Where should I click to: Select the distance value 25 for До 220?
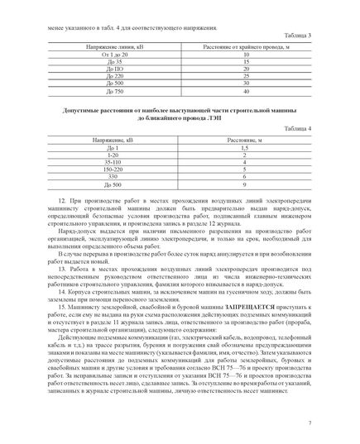coord(235,75)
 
